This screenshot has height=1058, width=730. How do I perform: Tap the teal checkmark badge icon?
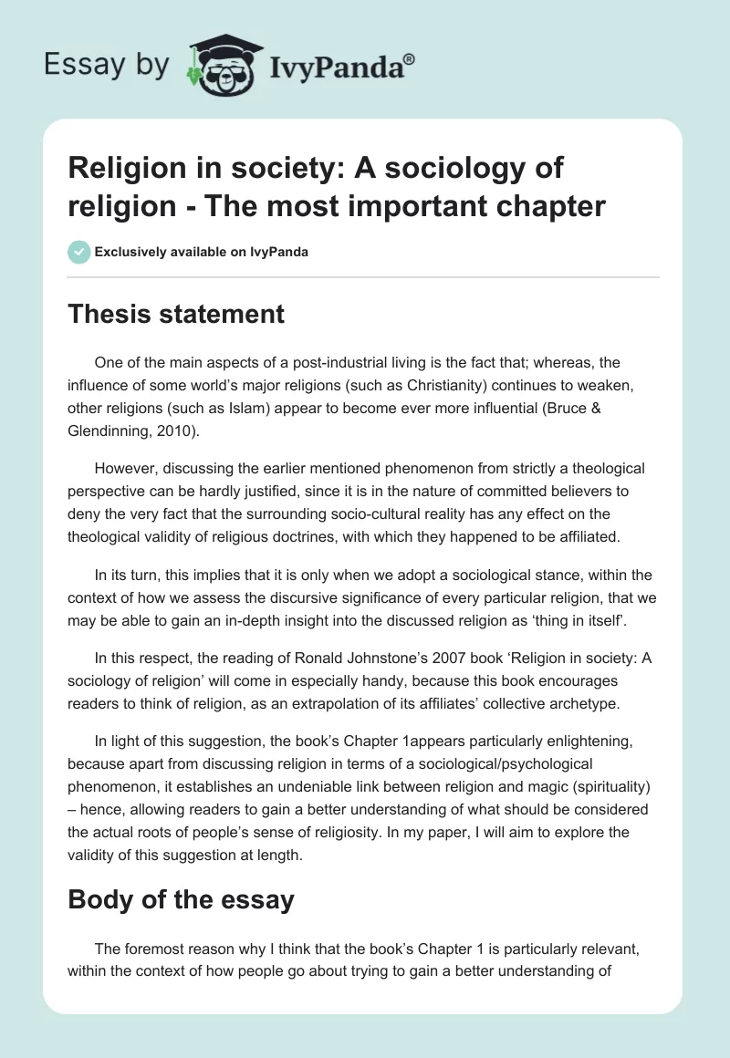click(x=79, y=252)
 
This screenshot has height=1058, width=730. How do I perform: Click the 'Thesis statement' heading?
click(x=176, y=315)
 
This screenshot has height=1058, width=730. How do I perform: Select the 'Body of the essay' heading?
click(x=181, y=899)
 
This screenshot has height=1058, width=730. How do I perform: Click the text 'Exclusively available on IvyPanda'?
click(x=202, y=252)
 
